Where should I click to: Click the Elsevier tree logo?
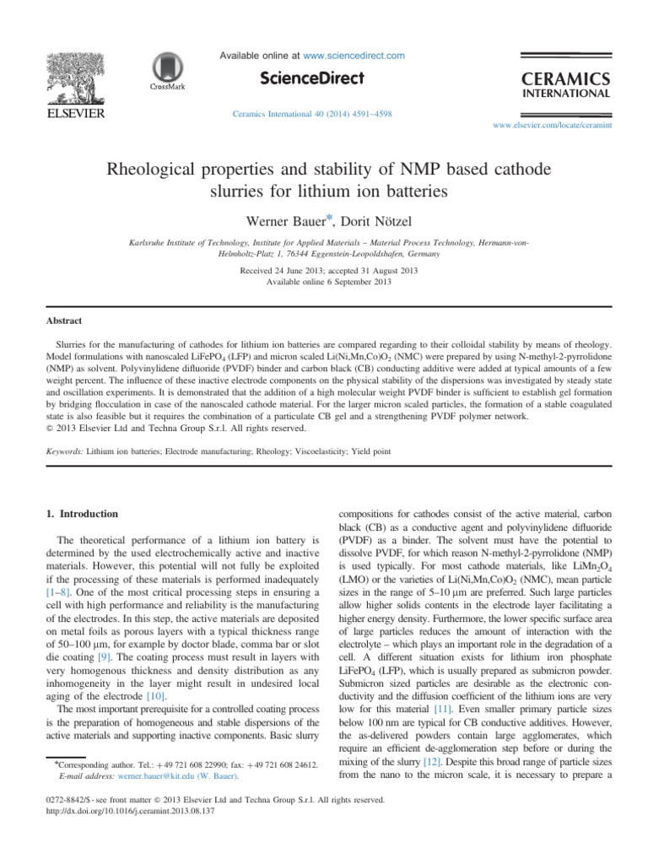(74, 73)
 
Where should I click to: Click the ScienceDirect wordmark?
(311, 78)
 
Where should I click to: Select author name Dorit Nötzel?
(356, 220)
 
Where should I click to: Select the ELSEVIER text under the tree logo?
(74, 112)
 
